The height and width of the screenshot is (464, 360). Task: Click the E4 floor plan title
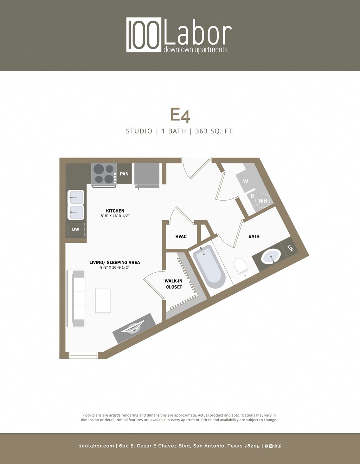click(180, 115)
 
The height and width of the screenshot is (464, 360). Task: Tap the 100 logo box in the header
click(144, 35)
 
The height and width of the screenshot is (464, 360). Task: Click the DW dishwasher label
click(76, 229)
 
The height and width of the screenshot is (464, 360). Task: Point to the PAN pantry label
click(124, 174)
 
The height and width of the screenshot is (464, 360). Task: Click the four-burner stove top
click(104, 174)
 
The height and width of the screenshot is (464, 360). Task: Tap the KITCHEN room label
click(115, 211)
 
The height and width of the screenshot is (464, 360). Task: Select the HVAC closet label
click(181, 237)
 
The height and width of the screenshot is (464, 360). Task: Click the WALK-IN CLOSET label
click(174, 284)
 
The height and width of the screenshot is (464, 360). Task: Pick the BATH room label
click(254, 236)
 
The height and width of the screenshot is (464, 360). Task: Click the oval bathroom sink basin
click(271, 256)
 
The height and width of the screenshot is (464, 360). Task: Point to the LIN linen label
click(290, 248)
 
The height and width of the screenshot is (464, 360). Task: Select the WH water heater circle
click(262, 201)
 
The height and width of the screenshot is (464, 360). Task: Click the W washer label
click(245, 182)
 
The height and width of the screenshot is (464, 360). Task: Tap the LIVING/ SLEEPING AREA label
click(115, 262)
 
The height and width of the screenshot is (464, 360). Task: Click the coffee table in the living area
click(103, 301)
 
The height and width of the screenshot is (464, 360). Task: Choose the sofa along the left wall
click(78, 298)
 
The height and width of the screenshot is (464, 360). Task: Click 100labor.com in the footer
click(96, 446)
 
